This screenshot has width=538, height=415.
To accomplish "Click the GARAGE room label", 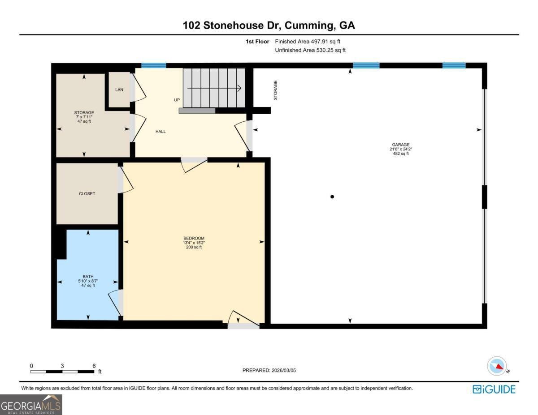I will pyautogui.click(x=400, y=145).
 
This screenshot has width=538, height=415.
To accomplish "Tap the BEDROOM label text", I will pyautogui.click(x=194, y=238).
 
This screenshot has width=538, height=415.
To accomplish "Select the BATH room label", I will pyautogui.click(x=88, y=277).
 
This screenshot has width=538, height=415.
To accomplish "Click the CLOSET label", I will pyautogui.click(x=87, y=194).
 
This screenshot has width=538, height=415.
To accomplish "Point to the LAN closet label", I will pyautogui.click(x=119, y=90).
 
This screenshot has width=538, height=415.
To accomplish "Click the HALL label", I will pyautogui.click(x=161, y=132).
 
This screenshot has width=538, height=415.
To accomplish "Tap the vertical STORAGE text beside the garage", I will pyautogui.click(x=276, y=90).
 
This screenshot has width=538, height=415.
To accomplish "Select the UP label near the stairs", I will pyautogui.click(x=177, y=100).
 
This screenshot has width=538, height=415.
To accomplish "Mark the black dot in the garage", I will pyautogui.click(x=332, y=197).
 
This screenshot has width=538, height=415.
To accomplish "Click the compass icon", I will pyautogui.click(x=497, y=366).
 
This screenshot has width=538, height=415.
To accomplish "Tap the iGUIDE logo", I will pyautogui.click(x=494, y=389).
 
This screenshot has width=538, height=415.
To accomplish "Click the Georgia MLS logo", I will pyautogui.click(x=31, y=404).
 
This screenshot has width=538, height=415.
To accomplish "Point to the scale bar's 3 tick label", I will pyautogui.click(x=62, y=366).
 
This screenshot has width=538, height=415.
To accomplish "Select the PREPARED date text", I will pyautogui.click(x=269, y=370).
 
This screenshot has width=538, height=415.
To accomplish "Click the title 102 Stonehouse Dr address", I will pyautogui.click(x=269, y=26).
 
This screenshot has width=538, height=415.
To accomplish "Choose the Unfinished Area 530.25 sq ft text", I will pyautogui.click(x=310, y=50).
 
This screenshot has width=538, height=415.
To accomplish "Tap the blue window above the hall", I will pyautogui.click(x=154, y=65).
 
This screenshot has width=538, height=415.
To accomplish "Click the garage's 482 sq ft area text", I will pyautogui.click(x=400, y=154).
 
